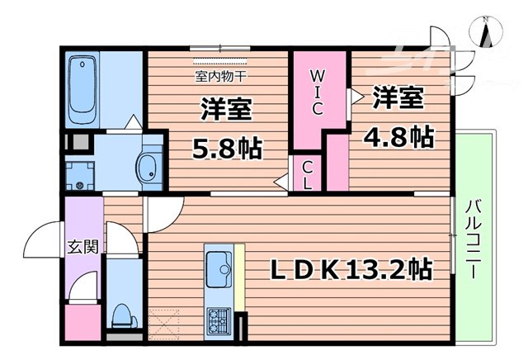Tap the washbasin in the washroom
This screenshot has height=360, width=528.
tap(148, 168)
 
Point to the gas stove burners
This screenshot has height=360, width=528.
tap(219, 318)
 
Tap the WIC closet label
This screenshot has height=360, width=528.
tap(319, 91)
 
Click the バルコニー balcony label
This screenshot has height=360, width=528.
tap(475, 239)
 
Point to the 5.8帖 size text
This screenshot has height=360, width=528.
tap(227, 149)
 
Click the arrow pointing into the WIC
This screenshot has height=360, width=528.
tap(356, 97)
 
